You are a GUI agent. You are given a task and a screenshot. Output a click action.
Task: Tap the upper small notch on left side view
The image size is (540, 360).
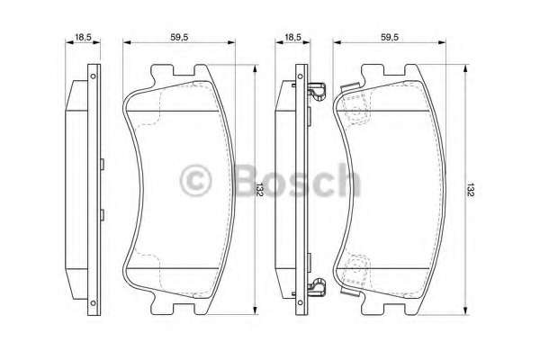point(103,164)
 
